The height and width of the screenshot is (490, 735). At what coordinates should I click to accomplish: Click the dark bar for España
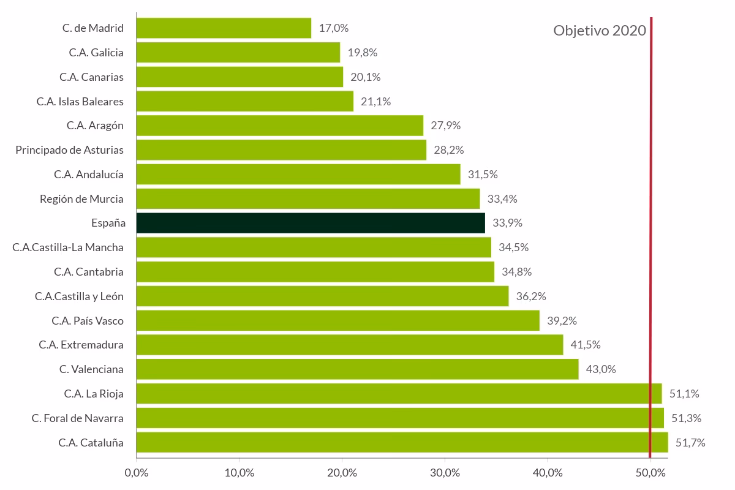311,223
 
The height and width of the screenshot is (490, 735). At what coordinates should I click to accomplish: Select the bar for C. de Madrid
224,28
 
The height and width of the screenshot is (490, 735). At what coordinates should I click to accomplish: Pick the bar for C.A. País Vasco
337,320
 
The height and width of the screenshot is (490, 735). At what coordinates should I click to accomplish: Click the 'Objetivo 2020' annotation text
600,31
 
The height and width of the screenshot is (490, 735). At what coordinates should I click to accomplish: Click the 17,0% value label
334,28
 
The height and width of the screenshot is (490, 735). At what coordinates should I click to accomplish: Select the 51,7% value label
690,442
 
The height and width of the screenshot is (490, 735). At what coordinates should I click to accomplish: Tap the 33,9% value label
507,223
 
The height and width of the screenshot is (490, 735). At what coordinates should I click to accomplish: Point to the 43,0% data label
601,369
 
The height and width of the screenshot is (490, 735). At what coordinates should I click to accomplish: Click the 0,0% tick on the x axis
137,473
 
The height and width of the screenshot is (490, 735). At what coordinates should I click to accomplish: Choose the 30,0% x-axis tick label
445,473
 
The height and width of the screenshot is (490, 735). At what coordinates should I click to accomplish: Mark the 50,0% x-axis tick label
650,473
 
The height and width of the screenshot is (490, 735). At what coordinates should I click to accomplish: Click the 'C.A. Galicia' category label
96,53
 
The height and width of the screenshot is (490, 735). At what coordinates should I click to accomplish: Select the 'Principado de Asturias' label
69,150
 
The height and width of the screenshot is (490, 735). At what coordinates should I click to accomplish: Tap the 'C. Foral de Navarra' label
78,418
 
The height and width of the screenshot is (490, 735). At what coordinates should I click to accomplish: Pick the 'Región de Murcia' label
81,198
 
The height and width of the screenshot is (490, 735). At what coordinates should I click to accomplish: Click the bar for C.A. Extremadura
349,345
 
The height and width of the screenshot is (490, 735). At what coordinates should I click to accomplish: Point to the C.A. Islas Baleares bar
244,101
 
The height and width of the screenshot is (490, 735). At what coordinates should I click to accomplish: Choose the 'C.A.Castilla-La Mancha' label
68,247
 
